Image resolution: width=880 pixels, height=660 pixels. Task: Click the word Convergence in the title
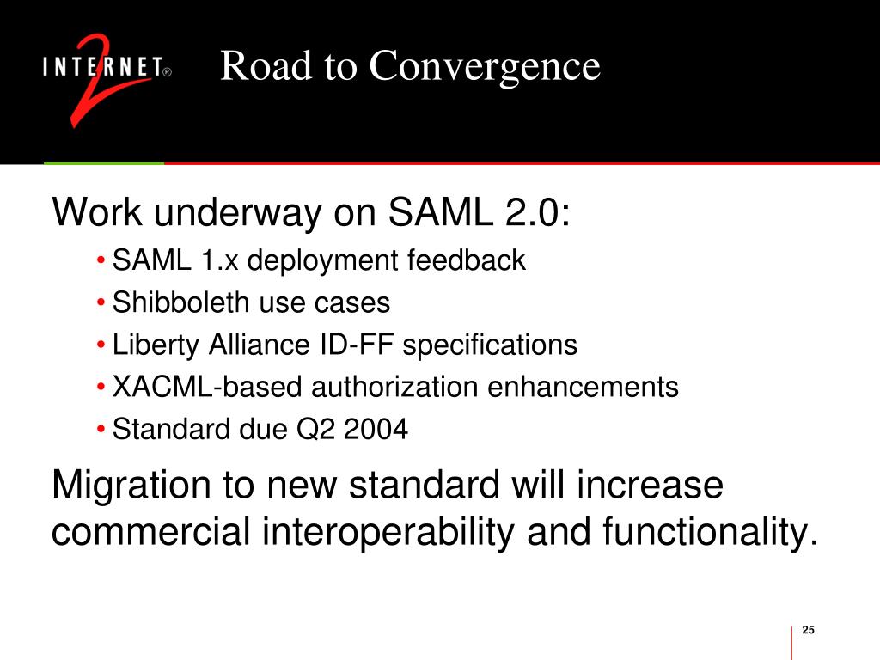coord(485,67)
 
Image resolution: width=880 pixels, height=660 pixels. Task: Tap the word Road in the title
coord(266,65)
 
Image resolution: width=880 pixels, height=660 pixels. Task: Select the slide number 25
coord(808,630)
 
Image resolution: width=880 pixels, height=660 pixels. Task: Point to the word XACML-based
coord(207,387)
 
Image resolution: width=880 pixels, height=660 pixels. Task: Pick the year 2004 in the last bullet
coord(376,430)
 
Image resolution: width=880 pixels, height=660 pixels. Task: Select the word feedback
coord(467,260)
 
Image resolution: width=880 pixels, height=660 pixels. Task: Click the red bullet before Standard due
coord(101,430)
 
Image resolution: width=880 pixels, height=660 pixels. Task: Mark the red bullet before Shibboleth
coord(101,303)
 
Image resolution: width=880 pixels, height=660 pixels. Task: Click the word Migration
coord(131,486)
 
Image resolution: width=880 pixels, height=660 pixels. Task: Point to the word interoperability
coord(388,533)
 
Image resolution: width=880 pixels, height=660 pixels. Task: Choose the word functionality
coord(710,533)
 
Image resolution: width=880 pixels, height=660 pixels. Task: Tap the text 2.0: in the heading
coord(537,212)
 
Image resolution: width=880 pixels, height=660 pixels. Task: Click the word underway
coord(237,214)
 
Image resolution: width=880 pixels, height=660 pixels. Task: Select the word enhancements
coord(584,387)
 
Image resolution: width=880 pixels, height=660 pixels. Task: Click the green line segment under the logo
coord(104,163)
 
